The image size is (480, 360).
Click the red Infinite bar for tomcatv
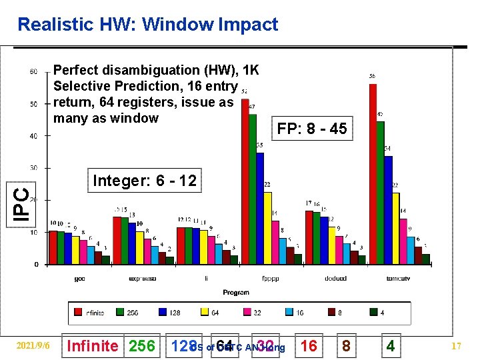373,174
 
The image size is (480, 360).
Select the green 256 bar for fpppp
253,189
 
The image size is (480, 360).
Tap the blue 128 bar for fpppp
260,208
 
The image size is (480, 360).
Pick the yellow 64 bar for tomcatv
396,228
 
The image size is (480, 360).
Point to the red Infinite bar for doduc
309,237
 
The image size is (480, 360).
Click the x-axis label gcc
79,279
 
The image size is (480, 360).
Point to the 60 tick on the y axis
33,72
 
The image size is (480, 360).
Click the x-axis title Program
236,292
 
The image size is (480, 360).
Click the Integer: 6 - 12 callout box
145,181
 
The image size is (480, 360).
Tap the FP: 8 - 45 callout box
312,129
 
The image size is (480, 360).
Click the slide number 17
457,347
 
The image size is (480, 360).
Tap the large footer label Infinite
93,346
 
